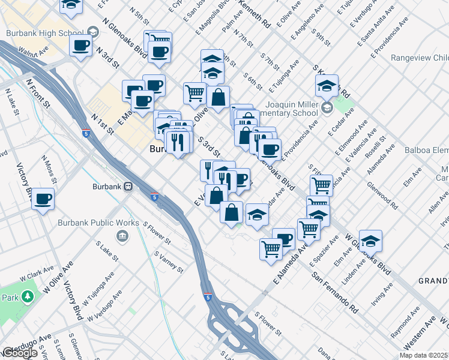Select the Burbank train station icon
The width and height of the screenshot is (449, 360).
coord(128,187)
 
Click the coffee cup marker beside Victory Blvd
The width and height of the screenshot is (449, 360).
coord(43,199)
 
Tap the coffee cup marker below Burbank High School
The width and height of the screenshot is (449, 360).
coord(81,46)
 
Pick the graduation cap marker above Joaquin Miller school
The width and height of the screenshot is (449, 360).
coord(327,86)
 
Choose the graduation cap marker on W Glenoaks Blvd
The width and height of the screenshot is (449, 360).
coord(370,242)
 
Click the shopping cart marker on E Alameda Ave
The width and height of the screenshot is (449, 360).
coord(271,248)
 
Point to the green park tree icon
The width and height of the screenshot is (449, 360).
coord(27,296)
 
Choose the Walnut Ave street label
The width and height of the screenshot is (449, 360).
coord(32,54)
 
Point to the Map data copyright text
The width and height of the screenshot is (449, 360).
coord(424,355)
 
